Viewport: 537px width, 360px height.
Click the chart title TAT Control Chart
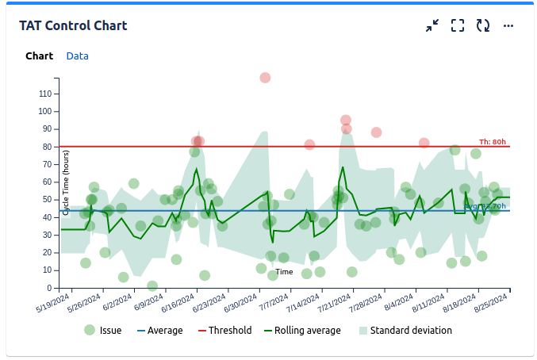pyautogui.click(x=73, y=25)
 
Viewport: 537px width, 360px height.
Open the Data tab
pyautogui.click(x=77, y=56)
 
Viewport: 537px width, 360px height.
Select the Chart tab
pyautogui.click(x=39, y=56)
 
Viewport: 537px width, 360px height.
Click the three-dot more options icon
pyautogui.click(x=508, y=25)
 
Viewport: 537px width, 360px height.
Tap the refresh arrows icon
pyautogui.click(x=483, y=25)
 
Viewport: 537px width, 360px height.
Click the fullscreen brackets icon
pyautogui.click(x=458, y=25)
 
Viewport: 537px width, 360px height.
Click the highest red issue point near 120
pyautogui.click(x=265, y=78)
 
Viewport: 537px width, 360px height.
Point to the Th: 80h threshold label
pyautogui.click(x=493, y=141)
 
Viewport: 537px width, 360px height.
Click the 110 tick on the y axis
pyautogui.click(x=45, y=94)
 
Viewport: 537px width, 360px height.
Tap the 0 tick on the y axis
pyautogui.click(x=49, y=288)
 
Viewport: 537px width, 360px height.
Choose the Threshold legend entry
pyautogui.click(x=224, y=331)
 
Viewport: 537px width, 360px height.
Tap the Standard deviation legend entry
pyautogui.click(x=405, y=331)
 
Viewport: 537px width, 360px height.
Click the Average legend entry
pyautogui.click(x=159, y=331)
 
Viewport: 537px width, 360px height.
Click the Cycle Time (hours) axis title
pyautogui.click(x=67, y=183)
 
